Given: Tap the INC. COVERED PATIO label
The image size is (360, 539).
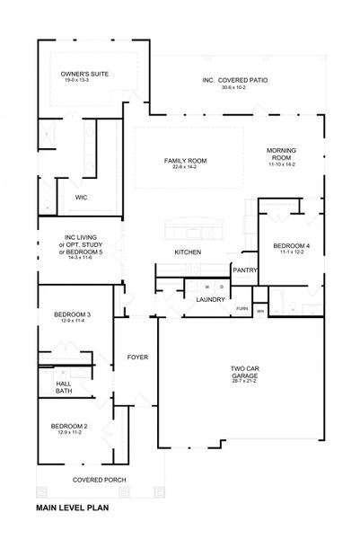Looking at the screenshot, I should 234,80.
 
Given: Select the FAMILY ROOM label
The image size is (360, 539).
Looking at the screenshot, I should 186,160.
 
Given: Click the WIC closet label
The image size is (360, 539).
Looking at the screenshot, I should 81,197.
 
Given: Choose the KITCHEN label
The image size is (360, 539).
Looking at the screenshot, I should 187,252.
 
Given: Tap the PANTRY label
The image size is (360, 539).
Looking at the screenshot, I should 245,269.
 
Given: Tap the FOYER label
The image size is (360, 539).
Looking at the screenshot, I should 136,358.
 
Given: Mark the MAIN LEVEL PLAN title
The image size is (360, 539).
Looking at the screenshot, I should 84,508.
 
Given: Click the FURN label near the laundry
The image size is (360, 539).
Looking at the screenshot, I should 241,309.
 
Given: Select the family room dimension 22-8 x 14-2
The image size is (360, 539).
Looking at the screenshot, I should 186,167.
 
